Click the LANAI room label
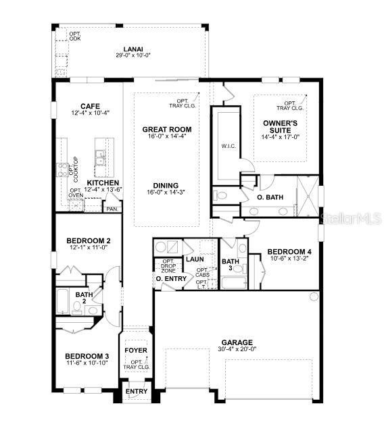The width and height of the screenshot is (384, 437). click(x=132, y=49)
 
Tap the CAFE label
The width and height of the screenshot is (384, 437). click(x=91, y=106)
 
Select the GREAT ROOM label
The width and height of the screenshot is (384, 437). click(x=166, y=129)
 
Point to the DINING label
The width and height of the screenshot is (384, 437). click(x=166, y=186)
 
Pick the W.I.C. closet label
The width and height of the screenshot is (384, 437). click(x=228, y=145)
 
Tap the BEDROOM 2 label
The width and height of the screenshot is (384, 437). click(x=88, y=240)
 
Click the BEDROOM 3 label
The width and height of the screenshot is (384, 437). click(x=87, y=356)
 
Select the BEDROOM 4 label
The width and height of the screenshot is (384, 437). click(x=288, y=249)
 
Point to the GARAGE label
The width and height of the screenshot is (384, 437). click(x=236, y=342)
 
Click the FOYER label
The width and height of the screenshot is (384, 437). click(x=136, y=351)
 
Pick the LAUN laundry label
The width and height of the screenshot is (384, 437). click(x=195, y=259)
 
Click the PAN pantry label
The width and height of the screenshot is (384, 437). click(x=110, y=209)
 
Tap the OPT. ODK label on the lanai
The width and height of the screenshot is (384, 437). click(x=74, y=36)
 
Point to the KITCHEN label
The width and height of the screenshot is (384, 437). click(x=103, y=183)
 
